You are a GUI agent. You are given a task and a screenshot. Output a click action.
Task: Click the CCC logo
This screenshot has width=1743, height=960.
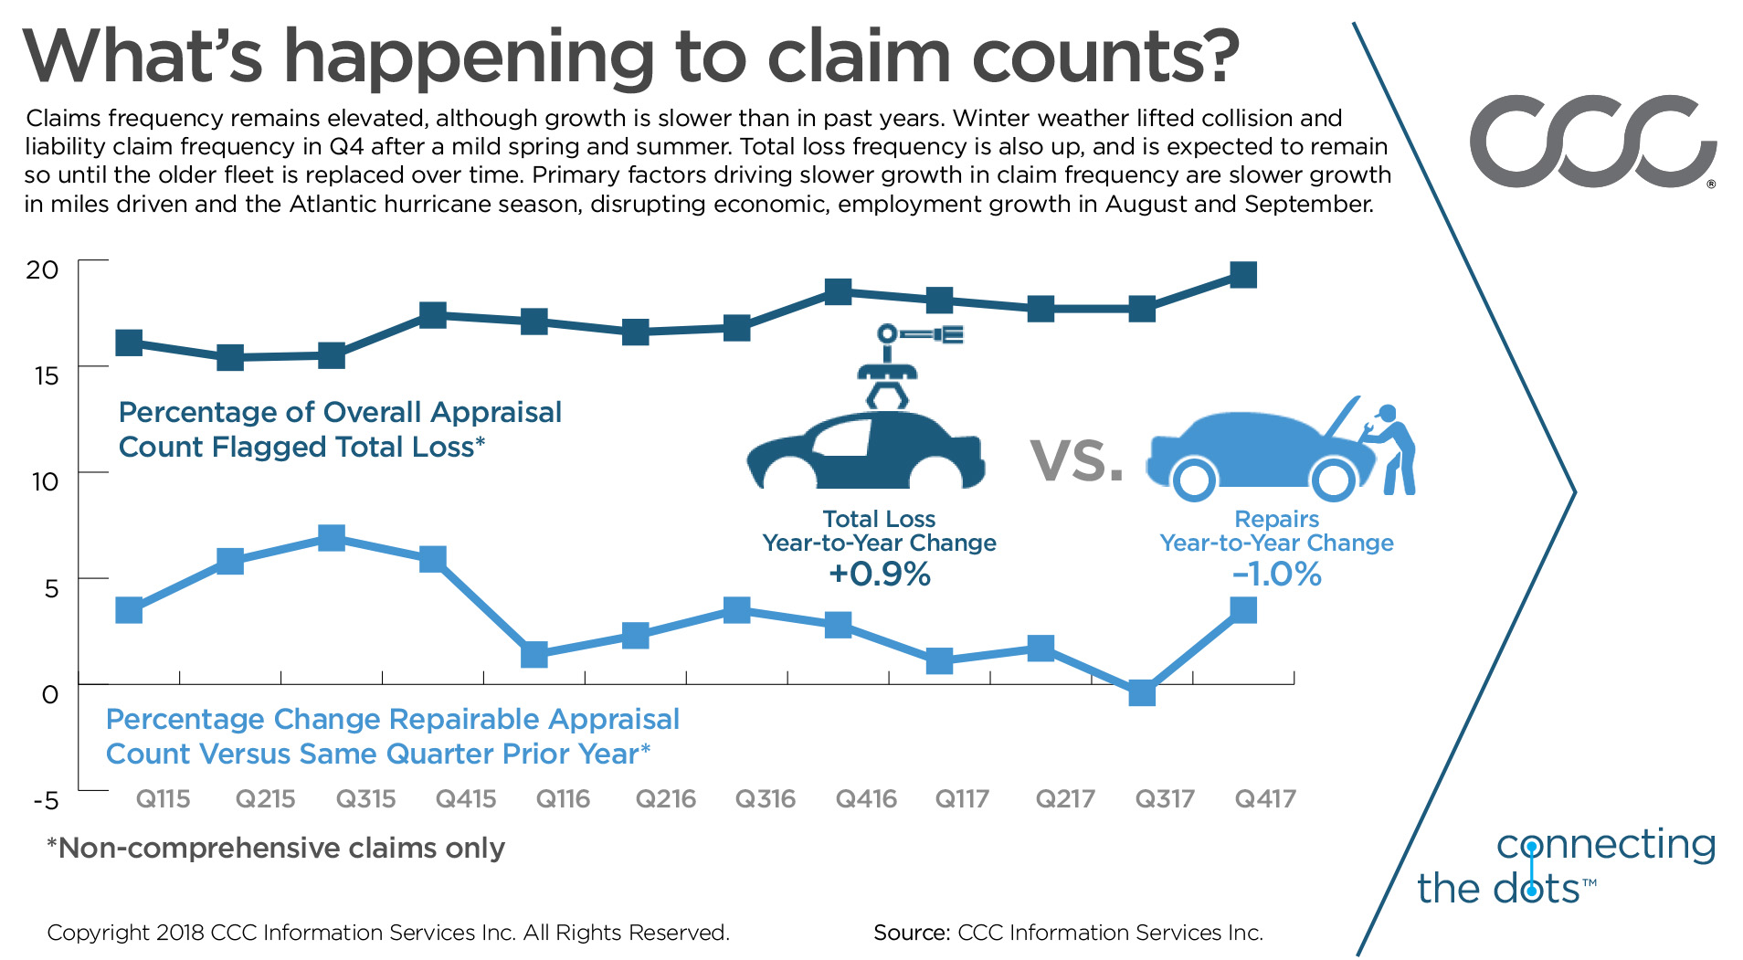(x=1591, y=142)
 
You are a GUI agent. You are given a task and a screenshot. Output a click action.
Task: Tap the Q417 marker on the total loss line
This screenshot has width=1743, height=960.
(x=1243, y=274)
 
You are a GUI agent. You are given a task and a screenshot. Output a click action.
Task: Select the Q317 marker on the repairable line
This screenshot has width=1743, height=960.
(x=1142, y=693)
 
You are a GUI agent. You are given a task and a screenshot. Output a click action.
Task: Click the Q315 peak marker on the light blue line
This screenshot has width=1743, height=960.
(x=332, y=537)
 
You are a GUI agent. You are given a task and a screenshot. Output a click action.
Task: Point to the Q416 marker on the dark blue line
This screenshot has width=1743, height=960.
(x=839, y=292)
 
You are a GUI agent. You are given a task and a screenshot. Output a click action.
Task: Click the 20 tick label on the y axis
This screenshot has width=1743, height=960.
(x=42, y=269)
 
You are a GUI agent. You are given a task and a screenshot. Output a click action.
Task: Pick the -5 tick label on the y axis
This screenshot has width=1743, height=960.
(x=46, y=801)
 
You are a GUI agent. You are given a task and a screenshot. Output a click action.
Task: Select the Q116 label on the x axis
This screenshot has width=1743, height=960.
(x=563, y=799)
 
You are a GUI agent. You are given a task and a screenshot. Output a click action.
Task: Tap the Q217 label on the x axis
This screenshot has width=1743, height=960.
(x=1064, y=799)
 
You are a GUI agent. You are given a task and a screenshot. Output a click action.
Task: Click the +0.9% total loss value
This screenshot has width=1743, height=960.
(x=879, y=575)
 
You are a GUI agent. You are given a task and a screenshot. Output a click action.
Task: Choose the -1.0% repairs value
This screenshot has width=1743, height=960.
(x=1276, y=575)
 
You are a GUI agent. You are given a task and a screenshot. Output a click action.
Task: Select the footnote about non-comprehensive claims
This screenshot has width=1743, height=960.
(x=276, y=848)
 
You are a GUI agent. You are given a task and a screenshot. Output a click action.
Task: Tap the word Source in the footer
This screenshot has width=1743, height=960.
(x=911, y=933)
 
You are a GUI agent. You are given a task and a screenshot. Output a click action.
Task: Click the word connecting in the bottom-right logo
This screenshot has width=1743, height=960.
(x=1606, y=845)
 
